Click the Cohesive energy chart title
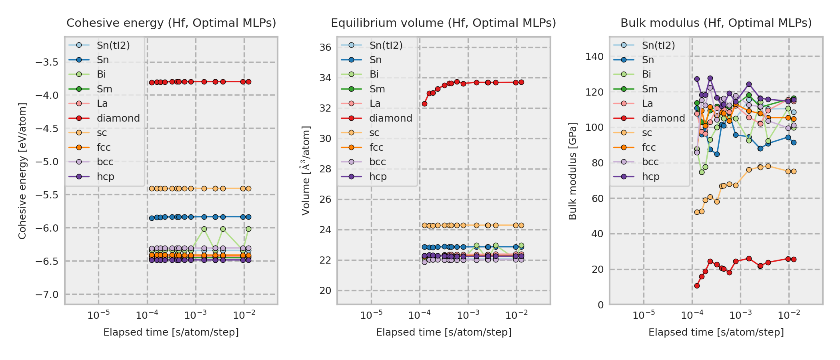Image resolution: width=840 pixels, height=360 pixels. coord(171,23)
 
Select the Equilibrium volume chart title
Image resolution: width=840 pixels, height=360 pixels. coord(443,23)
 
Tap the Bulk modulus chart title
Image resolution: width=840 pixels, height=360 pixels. coord(716,23)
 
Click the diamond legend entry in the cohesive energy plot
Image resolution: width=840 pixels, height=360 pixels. coord(118,118)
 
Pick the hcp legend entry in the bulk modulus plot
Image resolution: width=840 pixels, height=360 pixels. coord(650,177)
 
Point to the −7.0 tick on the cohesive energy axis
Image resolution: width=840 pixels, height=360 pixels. coord(47,295)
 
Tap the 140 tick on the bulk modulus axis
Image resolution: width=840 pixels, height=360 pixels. coord(594,57)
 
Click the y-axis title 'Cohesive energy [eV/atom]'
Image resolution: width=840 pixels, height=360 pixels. coord(22,171)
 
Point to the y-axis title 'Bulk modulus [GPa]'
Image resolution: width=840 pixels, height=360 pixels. coord(573,171)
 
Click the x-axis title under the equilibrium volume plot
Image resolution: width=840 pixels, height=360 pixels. coord(444,332)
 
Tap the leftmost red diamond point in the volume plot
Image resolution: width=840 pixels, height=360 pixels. coord(424,104)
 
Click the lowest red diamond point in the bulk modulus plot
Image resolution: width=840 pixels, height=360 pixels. coord(697,286)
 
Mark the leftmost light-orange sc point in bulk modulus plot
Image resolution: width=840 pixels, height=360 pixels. coord(697,212)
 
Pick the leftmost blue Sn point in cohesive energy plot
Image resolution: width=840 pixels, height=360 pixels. coord(152,218)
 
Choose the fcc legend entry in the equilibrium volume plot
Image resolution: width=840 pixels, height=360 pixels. coord(376,148)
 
